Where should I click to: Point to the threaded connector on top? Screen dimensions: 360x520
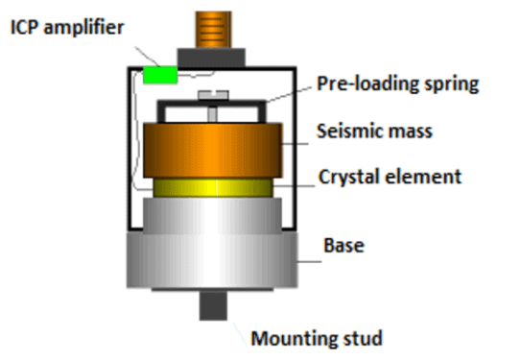(214, 25)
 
